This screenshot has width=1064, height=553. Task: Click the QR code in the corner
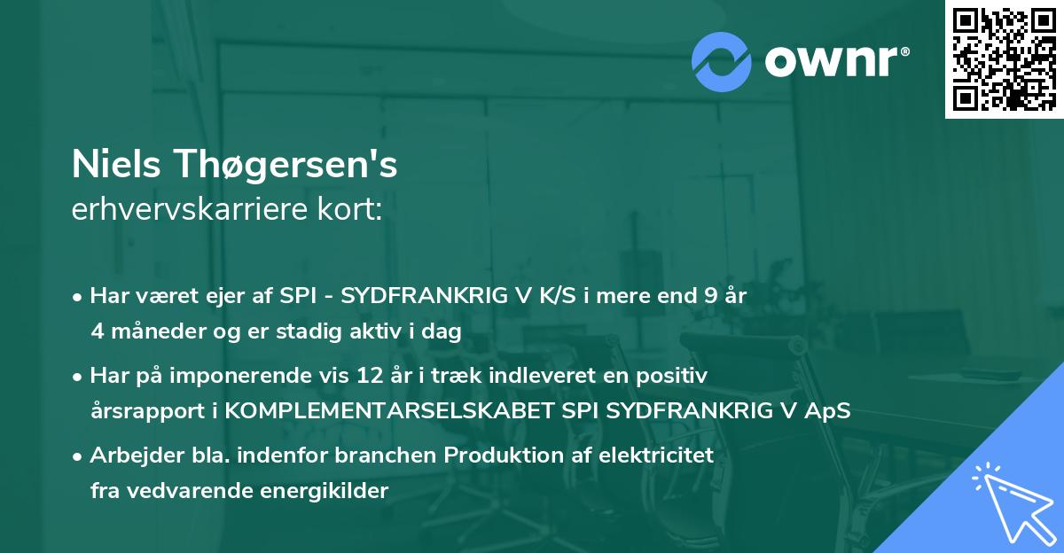(1004, 59)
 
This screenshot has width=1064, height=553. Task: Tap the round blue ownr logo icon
(722, 60)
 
